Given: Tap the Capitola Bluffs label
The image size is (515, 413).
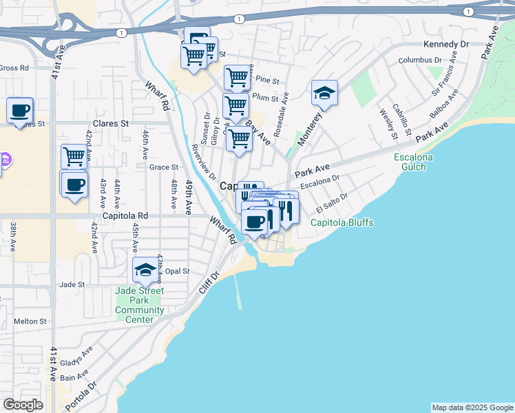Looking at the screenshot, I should click(341, 223).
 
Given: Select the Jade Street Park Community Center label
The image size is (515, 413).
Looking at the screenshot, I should click(140, 305).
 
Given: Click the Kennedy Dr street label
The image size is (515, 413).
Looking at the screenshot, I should click(445, 44).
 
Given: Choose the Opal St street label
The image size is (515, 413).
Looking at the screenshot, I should click(176, 271).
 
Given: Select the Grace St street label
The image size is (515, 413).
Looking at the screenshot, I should click(164, 167).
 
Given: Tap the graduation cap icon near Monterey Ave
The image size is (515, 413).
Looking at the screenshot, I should click(324, 93).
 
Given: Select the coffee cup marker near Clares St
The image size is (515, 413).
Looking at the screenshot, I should click(20, 109).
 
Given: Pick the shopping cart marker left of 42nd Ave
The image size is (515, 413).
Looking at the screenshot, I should click(74, 156).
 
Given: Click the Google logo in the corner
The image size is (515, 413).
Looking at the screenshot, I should click(23, 405).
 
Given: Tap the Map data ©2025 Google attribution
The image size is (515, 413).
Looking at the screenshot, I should click(472, 407).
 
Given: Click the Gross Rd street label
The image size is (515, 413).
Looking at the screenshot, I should click(14, 68).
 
